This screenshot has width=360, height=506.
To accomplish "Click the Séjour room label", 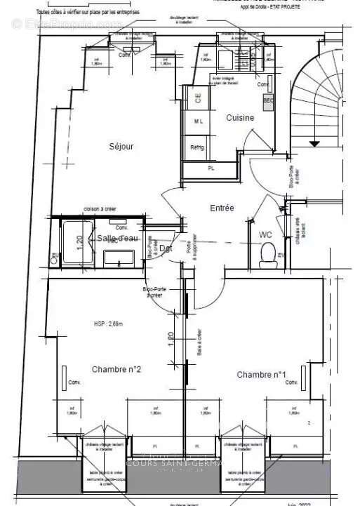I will [121, 147].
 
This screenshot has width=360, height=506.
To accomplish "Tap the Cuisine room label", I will [239, 118].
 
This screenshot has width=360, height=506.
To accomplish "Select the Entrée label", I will [222, 208].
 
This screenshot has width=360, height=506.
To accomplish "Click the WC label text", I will [265, 234].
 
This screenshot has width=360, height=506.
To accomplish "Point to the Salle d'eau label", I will [118, 239].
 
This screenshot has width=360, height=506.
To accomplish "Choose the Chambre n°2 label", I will [116, 369].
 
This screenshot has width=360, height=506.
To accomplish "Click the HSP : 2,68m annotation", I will [108, 324].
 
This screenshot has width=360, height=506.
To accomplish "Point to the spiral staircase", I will [319, 98].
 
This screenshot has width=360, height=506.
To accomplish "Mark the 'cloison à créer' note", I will [100, 209].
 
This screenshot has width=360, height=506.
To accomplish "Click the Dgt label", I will [166, 248].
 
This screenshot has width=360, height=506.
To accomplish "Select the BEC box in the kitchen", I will [267, 100].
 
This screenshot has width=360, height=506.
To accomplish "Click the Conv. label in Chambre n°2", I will [75, 382].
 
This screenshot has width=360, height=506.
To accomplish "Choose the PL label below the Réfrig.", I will [211, 168].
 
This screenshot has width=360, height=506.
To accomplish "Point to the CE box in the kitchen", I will [197, 98].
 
